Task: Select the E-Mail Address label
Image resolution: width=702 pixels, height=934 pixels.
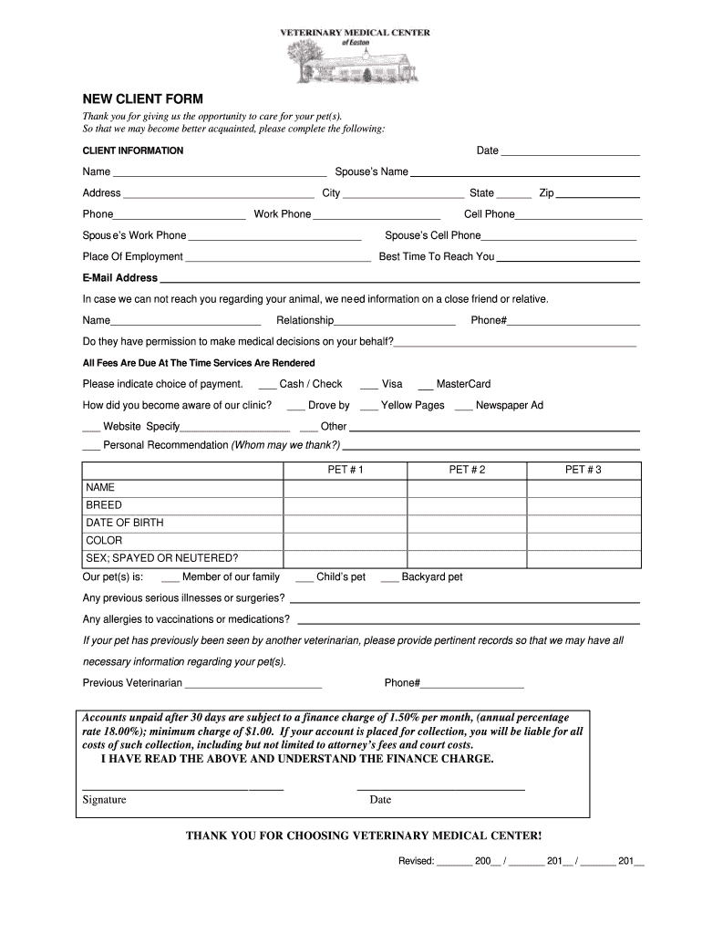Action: tap(120, 278)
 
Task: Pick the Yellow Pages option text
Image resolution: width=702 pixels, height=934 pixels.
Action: tap(412, 405)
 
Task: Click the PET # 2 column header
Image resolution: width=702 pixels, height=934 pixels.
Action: tap(467, 470)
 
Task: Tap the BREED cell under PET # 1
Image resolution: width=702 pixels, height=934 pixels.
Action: tap(345, 505)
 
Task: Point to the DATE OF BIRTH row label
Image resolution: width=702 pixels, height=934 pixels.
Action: tap(125, 523)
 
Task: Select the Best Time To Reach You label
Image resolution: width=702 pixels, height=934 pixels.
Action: tap(437, 257)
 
